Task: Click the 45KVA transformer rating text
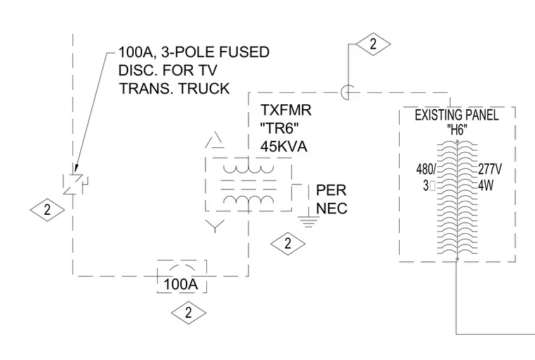click(284, 147)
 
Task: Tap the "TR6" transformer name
click(279, 129)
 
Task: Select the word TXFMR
click(286, 111)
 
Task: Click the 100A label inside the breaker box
click(181, 284)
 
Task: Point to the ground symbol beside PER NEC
click(308, 222)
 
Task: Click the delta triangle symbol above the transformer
click(215, 140)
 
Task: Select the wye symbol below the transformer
click(215, 226)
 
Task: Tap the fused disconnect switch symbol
click(75, 185)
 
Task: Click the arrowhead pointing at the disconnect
click(76, 169)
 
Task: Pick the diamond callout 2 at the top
click(373, 44)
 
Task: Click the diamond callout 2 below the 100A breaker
click(189, 313)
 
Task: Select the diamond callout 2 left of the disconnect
click(47, 210)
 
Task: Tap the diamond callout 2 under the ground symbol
click(288, 244)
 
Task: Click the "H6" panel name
click(457, 130)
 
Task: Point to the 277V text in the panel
click(490, 169)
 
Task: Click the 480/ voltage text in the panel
click(426, 169)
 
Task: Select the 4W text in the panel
click(486, 186)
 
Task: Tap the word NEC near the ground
click(332, 209)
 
